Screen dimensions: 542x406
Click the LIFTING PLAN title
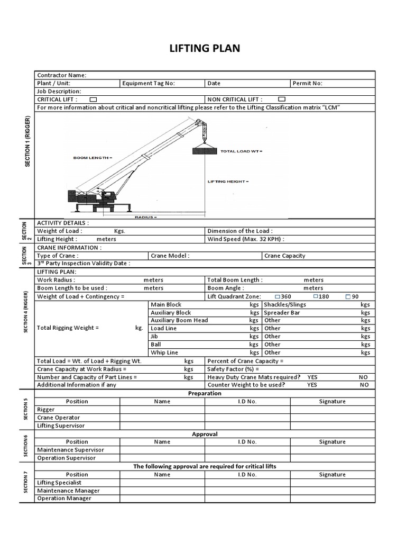click(x=204, y=49)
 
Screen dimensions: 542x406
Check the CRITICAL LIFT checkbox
click(x=93, y=100)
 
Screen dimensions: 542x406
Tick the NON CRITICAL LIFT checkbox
click(x=282, y=99)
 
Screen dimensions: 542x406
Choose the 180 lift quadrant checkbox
click(x=316, y=296)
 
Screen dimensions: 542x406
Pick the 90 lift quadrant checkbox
click(x=348, y=296)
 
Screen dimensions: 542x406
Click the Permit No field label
click(x=307, y=83)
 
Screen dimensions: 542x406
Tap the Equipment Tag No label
click(x=148, y=83)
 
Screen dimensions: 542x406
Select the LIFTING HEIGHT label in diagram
click(x=227, y=182)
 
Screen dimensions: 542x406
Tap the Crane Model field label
click(x=170, y=256)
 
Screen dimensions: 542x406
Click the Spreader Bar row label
click(x=282, y=313)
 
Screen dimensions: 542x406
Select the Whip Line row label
click(x=164, y=353)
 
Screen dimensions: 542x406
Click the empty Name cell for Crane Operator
click(x=162, y=418)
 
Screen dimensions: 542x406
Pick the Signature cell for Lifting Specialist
click(x=333, y=483)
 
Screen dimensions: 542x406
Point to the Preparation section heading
click(x=205, y=393)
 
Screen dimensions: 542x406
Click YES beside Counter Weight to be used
click(x=312, y=385)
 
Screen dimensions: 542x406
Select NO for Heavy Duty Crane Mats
click(x=364, y=377)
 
